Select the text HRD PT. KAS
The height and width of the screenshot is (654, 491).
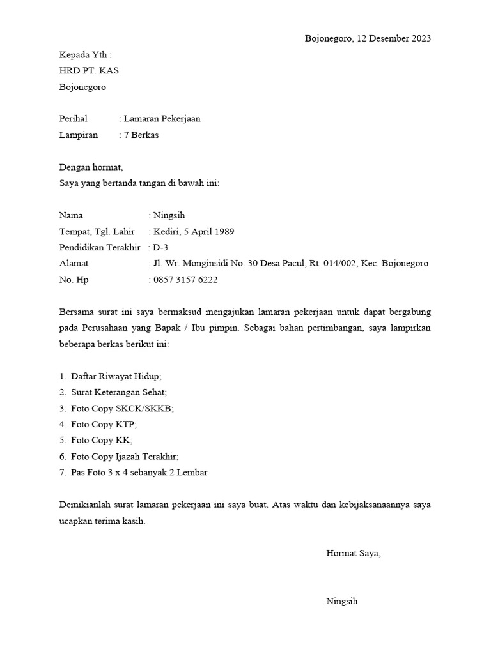coord(89,71)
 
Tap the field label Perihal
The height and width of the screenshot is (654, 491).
coord(73,119)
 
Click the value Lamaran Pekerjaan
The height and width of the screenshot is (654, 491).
coord(162,119)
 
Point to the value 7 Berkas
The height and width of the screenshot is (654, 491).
coord(141,135)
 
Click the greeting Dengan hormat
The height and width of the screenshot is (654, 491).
coord(90,167)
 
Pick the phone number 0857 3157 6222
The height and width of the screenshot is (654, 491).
coord(185,280)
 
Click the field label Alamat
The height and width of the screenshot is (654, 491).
coord(74,263)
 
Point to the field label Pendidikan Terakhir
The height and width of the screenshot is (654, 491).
coord(99,247)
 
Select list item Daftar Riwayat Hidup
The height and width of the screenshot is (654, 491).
coord(116,377)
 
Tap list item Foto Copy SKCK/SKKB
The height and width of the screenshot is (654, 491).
coord(122,408)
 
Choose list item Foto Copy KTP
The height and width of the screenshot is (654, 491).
coord(104,424)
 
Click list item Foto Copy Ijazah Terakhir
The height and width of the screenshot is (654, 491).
coord(125,457)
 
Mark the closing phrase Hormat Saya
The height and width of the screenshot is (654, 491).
coord(353,553)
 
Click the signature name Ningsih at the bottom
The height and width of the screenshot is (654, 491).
coord(342,601)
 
